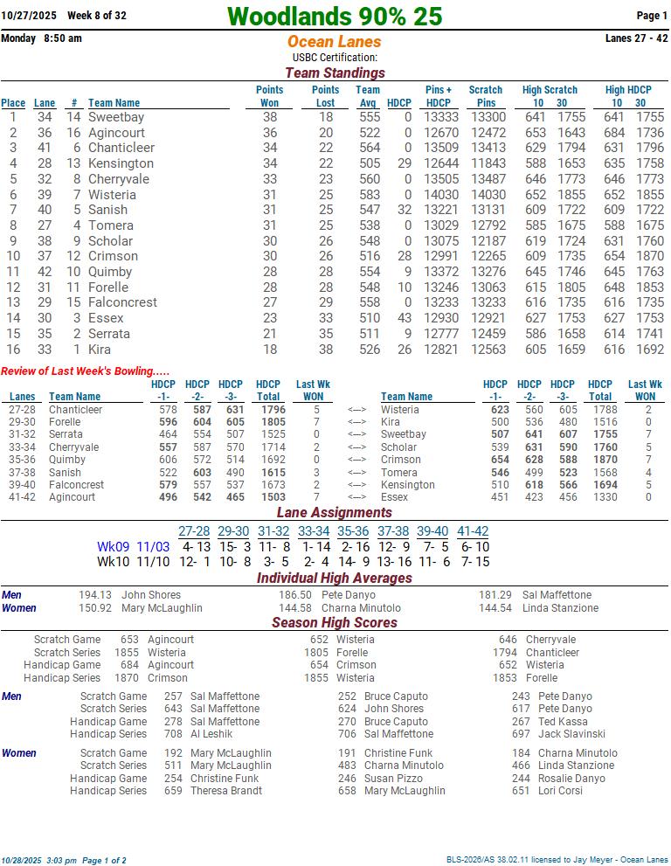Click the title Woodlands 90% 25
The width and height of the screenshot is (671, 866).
coord(335,17)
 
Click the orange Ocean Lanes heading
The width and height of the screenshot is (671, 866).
coord(335,42)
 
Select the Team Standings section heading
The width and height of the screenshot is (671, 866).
coord(335,73)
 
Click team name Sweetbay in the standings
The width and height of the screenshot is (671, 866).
coord(116,117)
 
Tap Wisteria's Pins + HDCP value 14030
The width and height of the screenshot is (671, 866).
coord(441,195)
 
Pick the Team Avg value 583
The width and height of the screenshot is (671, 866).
coord(370,195)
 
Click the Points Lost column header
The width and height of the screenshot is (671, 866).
coord(325,96)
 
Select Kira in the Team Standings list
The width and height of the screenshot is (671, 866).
coord(100,350)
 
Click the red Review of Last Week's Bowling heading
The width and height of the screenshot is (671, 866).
coord(86,371)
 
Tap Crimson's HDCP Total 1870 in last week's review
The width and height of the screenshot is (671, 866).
coord(600,460)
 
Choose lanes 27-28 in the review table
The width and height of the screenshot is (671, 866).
coord(23,410)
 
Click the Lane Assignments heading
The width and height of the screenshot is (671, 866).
coord(335,513)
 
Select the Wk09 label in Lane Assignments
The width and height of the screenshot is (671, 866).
coord(113,547)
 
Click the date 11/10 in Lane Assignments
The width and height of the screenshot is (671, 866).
coord(153,562)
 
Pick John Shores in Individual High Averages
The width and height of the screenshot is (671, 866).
coord(151,595)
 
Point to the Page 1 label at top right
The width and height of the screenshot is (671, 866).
coord(652,16)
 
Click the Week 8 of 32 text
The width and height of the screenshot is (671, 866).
coord(97,16)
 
